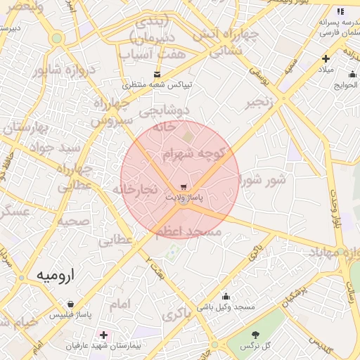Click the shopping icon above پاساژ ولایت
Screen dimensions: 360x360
(184, 187)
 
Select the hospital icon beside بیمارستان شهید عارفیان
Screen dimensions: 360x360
(105, 335)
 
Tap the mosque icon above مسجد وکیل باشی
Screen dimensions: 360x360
(226, 296)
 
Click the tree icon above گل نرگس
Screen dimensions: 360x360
(255, 335)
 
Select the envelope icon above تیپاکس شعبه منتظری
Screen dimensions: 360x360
(156, 74)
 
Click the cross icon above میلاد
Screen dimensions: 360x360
(325, 58)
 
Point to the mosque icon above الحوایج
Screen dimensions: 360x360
(352, 75)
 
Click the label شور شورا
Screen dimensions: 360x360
(263, 180)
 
